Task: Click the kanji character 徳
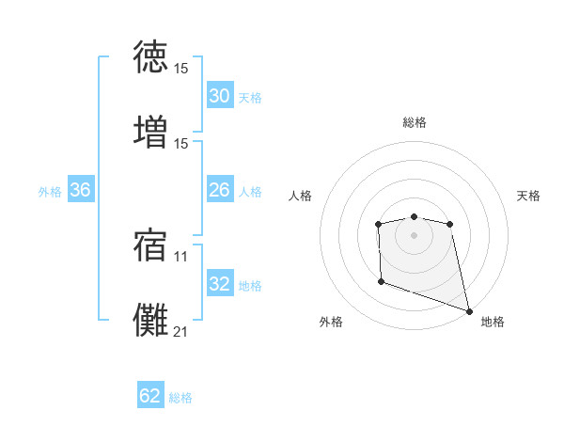152,56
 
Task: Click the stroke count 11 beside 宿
181,255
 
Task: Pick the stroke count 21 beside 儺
181,330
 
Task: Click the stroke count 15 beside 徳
181,69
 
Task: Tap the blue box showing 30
219,96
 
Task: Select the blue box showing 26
219,190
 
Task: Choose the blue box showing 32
219,284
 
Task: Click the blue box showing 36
81,190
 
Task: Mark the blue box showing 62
150,396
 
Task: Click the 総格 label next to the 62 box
181,398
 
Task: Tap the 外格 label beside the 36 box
50,192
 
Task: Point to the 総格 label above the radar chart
415,122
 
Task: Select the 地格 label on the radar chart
493,322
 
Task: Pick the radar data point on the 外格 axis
381,281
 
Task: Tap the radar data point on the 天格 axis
450,224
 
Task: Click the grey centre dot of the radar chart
414,235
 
